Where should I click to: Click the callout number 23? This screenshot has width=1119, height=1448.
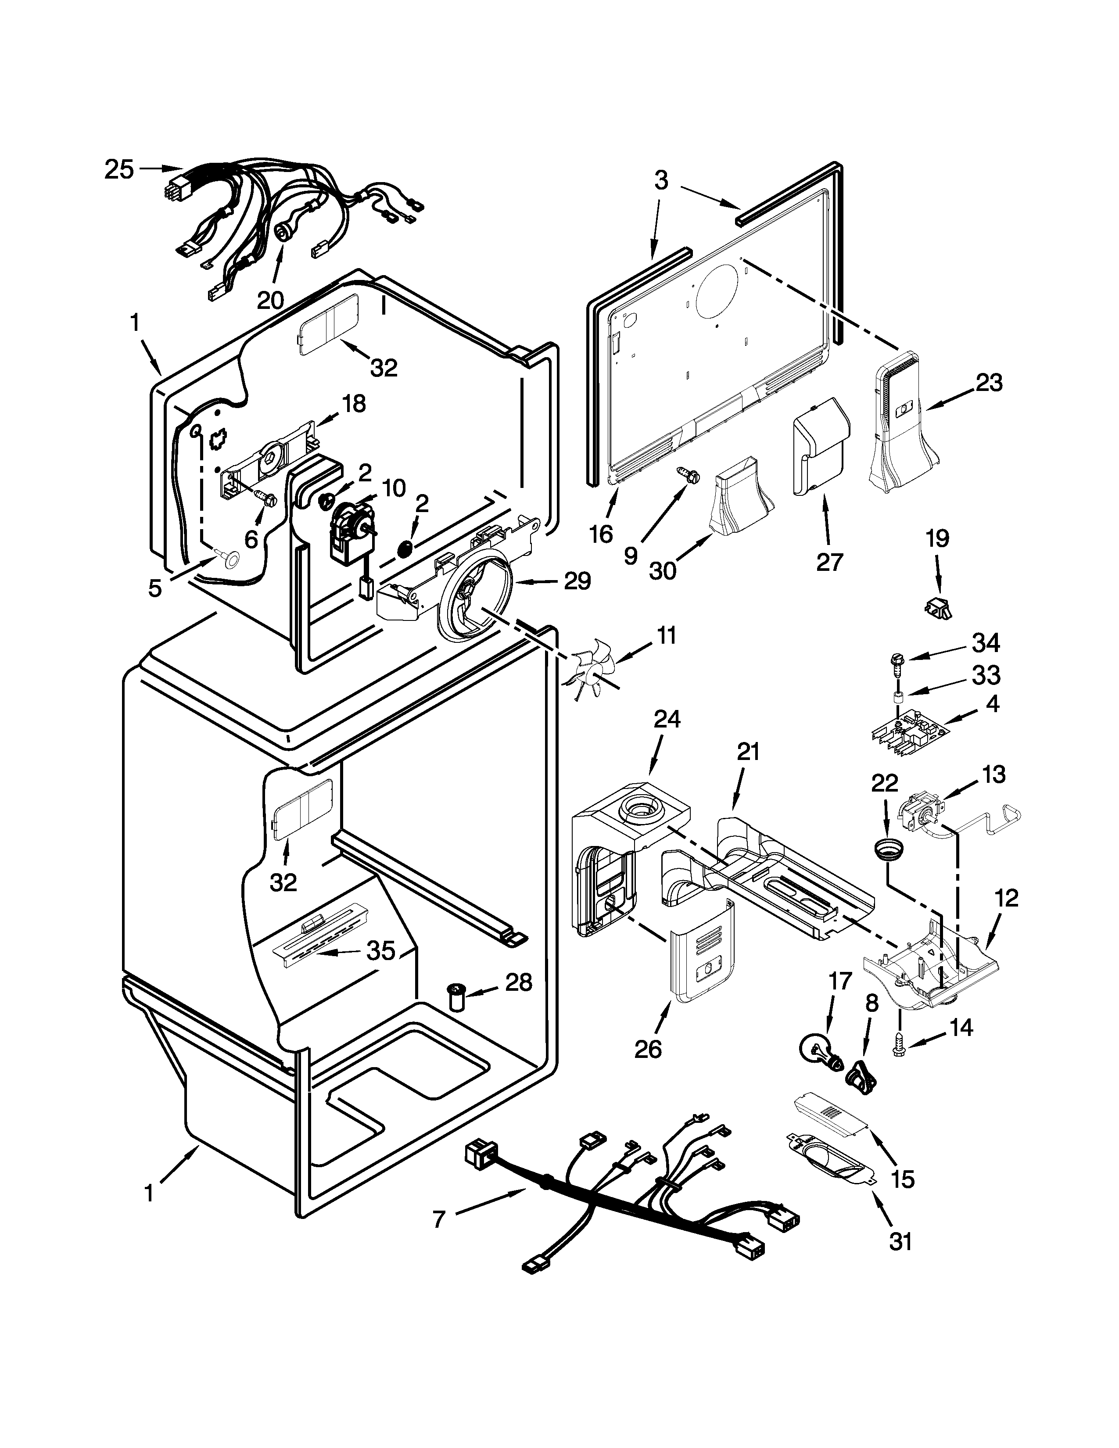[988, 383]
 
